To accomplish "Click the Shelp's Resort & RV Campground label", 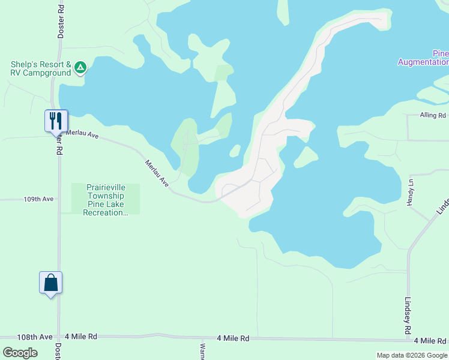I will pyautogui.click(x=41, y=68).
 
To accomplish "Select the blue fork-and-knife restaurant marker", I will pyautogui.click(x=56, y=120).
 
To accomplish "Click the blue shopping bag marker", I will pyautogui.click(x=51, y=282).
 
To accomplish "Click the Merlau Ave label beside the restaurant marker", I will pyautogui.click(x=82, y=134).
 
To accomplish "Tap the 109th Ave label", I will pyautogui.click(x=38, y=199).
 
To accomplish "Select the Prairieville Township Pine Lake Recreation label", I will pyautogui.click(x=106, y=200).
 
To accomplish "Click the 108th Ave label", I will pyautogui.click(x=35, y=337).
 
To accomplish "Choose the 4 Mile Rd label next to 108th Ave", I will pyautogui.click(x=80, y=337).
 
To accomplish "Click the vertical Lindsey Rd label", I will pyautogui.click(x=408, y=316).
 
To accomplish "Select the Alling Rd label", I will pyautogui.click(x=433, y=115).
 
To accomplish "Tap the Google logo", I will pyautogui.click(x=20, y=353).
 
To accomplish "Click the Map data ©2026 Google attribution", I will pyautogui.click(x=412, y=355).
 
